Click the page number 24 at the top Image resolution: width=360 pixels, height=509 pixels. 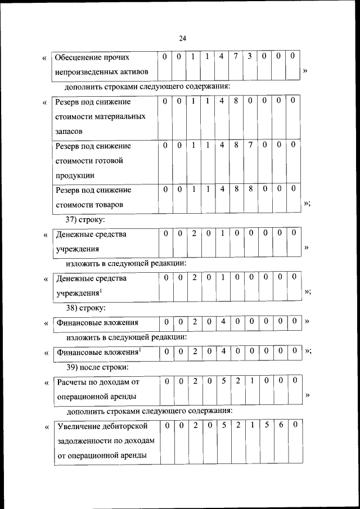(x=182, y=38)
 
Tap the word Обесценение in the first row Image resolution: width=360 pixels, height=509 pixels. (x=79, y=57)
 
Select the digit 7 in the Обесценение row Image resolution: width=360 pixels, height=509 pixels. (x=236, y=57)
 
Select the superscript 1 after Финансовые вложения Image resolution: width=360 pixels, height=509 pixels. (x=140, y=350)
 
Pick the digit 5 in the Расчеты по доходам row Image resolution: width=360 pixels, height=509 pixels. (x=223, y=381)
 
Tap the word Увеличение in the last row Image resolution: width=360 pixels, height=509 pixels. (x=78, y=426)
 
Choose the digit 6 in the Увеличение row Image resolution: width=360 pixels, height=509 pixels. (x=280, y=425)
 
